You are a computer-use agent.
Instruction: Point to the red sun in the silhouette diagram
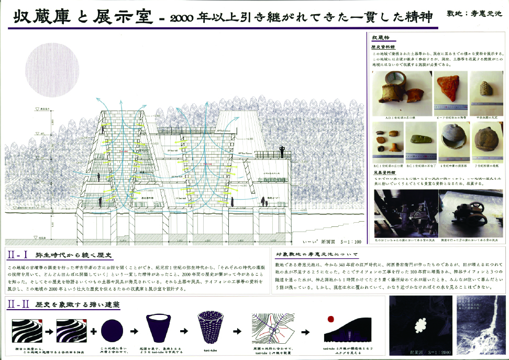[331, 318]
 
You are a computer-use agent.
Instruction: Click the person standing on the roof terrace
[282, 152]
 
